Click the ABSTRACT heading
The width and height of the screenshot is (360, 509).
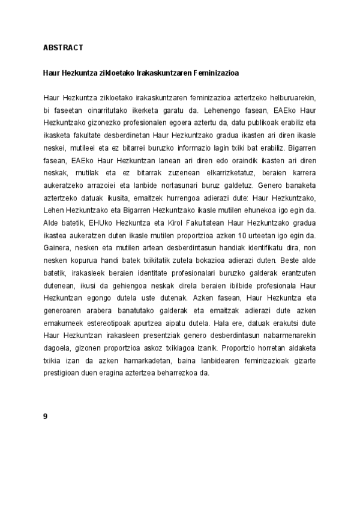pyautogui.click(x=62, y=46)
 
